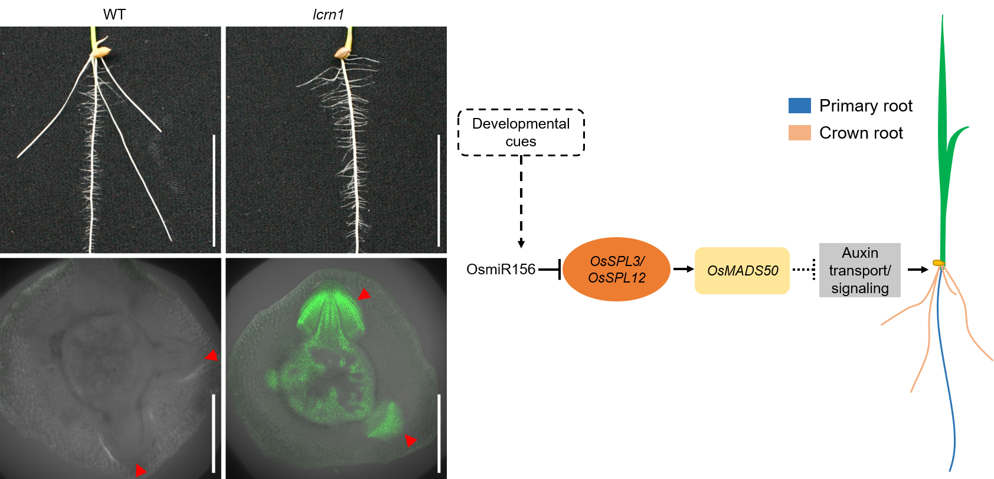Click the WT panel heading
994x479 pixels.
115,14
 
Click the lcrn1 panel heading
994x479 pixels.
328,14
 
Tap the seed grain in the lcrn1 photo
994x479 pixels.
343,53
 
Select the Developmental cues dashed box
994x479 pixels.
521,133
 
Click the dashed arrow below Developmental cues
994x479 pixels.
521,201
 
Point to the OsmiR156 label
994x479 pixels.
501,270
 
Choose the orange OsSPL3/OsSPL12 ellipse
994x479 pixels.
616,270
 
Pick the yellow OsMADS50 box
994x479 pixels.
742,271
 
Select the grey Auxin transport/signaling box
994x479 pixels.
859,270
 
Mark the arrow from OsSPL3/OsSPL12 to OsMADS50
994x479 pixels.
683,269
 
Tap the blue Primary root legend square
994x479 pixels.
799,106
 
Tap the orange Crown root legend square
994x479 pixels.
799,133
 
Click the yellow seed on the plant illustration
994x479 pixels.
937,263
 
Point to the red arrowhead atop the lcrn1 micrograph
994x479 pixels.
364,294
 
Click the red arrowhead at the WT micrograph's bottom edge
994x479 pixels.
140,470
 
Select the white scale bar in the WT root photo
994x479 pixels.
214,190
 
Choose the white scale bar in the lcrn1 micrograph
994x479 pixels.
439,434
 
